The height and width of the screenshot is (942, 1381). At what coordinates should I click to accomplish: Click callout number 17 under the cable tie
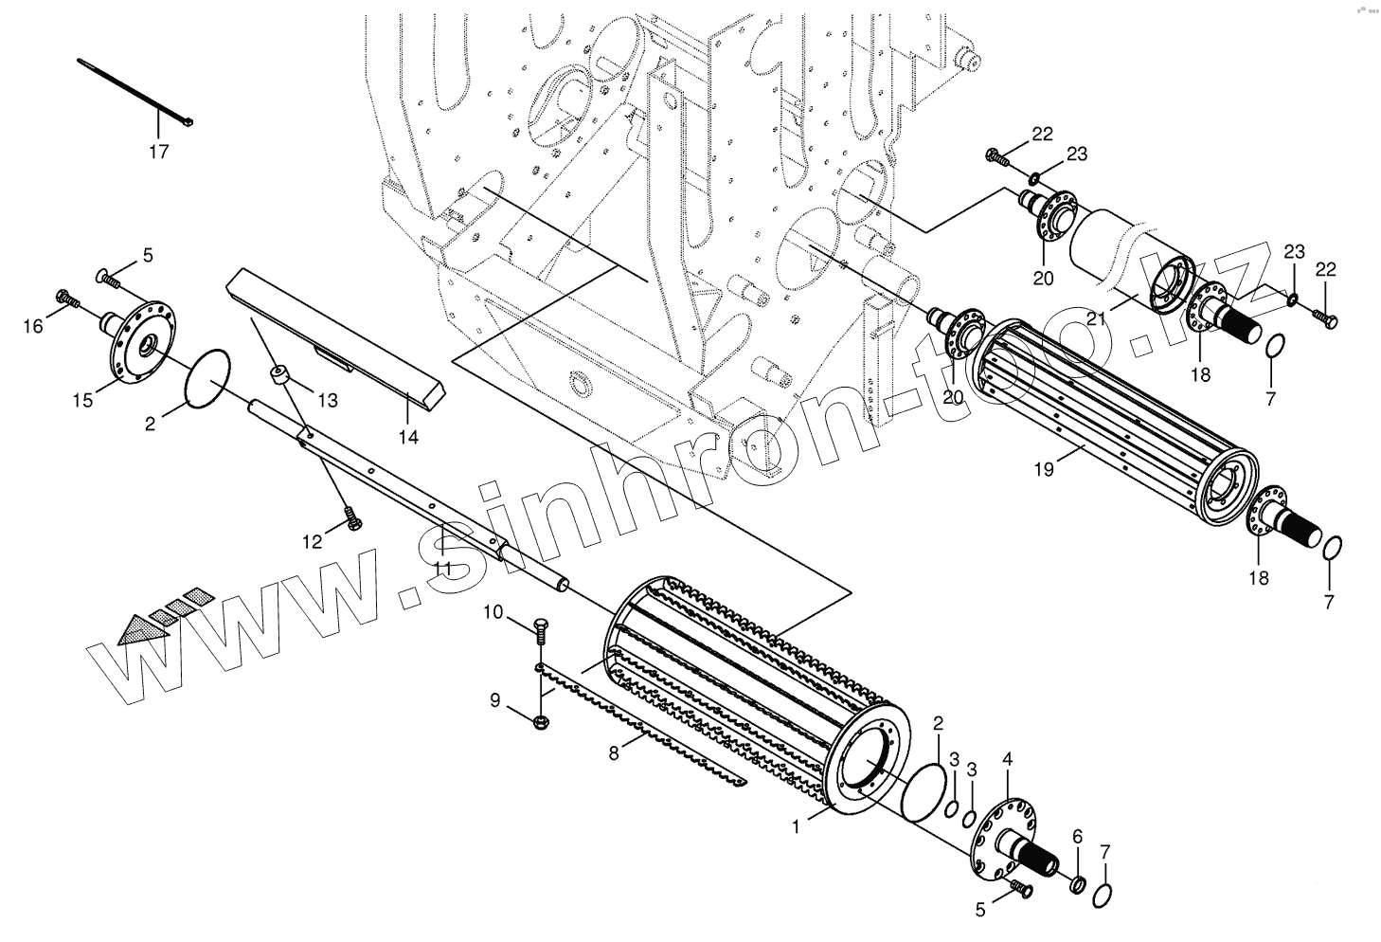(159, 152)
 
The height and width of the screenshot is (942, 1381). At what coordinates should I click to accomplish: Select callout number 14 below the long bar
(408, 437)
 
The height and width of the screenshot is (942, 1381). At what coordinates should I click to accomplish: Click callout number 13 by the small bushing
(328, 401)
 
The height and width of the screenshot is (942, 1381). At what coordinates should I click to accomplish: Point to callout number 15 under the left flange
(83, 400)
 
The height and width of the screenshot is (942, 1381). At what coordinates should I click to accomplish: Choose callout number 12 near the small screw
(313, 542)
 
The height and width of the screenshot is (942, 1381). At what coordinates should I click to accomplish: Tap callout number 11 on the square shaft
(442, 568)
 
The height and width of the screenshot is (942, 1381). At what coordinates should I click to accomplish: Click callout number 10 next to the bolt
(493, 612)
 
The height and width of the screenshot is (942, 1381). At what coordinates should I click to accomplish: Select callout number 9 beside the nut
(494, 700)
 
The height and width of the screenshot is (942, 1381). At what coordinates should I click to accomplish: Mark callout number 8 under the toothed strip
(614, 754)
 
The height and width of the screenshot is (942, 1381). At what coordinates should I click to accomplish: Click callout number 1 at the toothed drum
(797, 826)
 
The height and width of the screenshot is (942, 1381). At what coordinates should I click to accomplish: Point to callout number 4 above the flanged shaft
(1008, 758)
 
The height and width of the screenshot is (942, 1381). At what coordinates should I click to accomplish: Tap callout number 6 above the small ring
(1077, 836)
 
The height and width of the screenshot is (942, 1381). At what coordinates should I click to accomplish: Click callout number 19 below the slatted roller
(1044, 467)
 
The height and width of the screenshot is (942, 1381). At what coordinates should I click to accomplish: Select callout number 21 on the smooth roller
(1097, 319)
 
